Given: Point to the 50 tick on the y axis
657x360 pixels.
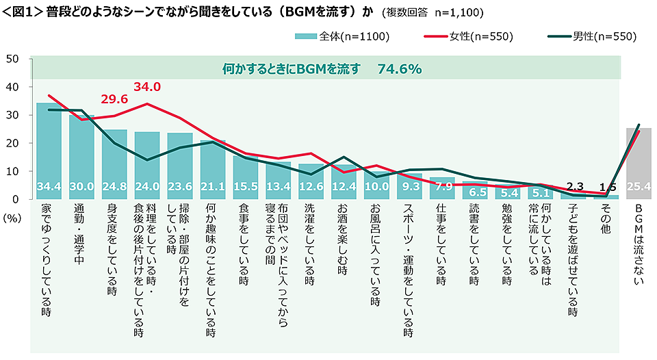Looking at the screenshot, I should (12, 59).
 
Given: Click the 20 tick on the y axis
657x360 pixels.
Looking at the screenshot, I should (12, 143).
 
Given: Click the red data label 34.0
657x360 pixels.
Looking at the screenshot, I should (146, 87).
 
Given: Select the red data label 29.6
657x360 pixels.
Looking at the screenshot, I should (114, 99).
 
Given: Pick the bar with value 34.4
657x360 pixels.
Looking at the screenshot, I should (49, 151).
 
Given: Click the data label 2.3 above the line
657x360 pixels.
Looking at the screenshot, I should (575, 184).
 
